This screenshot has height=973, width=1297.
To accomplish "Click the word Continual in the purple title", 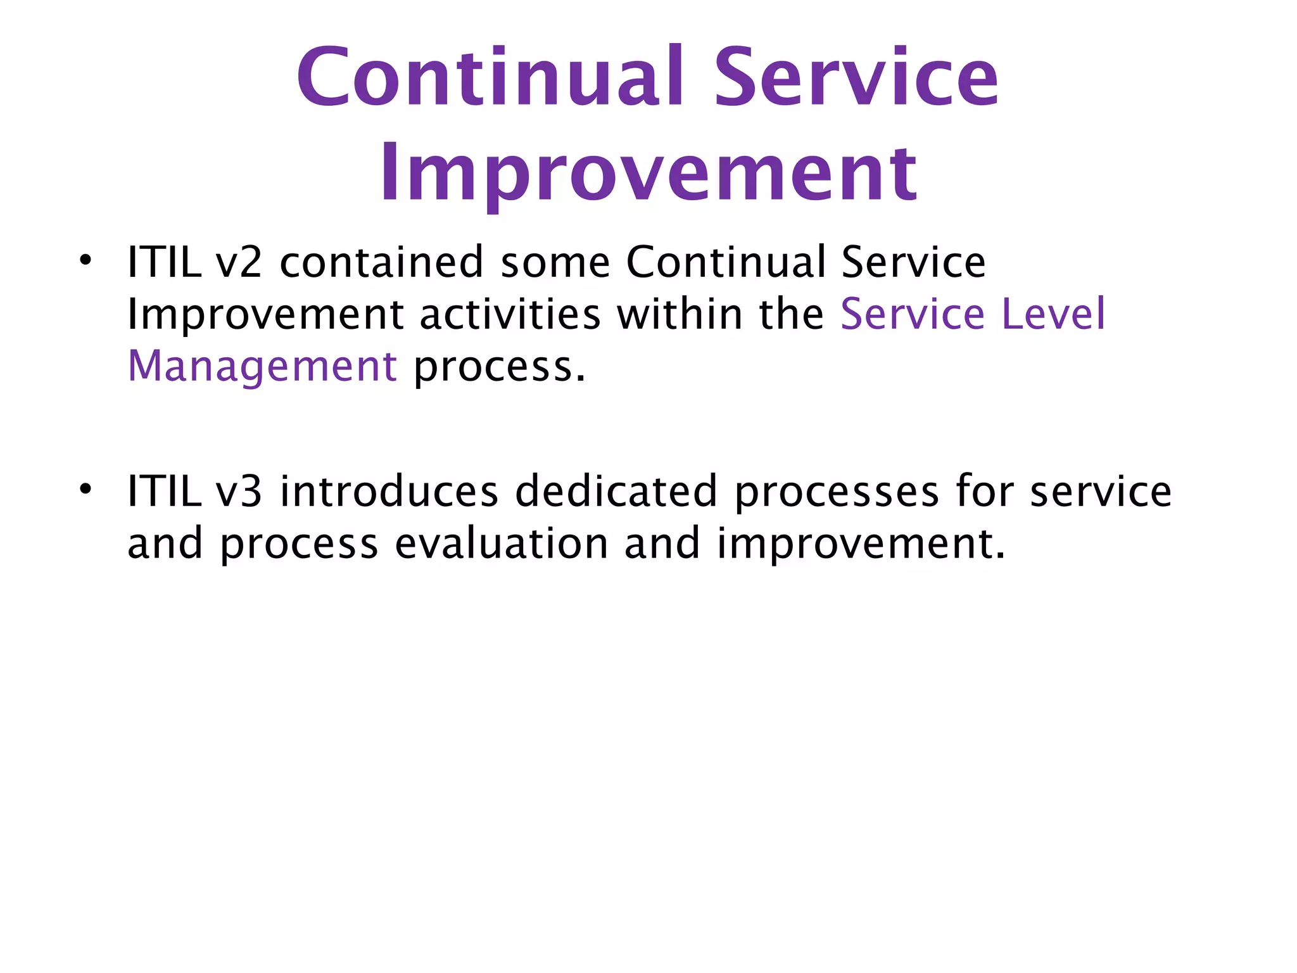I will click(x=491, y=77).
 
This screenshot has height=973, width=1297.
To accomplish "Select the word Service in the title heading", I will click(x=856, y=77).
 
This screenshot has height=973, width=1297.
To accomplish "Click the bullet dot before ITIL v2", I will click(x=85, y=260).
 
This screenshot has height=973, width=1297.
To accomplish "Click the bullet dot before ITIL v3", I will click(x=85, y=489).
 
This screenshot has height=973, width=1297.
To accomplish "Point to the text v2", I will click(x=239, y=262).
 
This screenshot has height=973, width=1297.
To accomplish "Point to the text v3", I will click(x=239, y=492).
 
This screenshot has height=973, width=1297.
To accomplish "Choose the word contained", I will click(x=382, y=262).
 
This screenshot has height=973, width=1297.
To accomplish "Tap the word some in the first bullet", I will click(x=555, y=262).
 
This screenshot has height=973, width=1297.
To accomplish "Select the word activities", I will click(x=510, y=314).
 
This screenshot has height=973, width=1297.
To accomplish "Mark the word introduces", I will click(x=389, y=492).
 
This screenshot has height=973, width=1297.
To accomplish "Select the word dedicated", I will click(x=616, y=492).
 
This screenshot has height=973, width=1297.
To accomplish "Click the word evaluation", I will click(x=501, y=544).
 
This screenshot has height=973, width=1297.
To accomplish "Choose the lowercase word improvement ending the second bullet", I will click(x=859, y=544).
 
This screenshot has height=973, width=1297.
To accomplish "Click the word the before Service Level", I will click(x=792, y=314).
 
